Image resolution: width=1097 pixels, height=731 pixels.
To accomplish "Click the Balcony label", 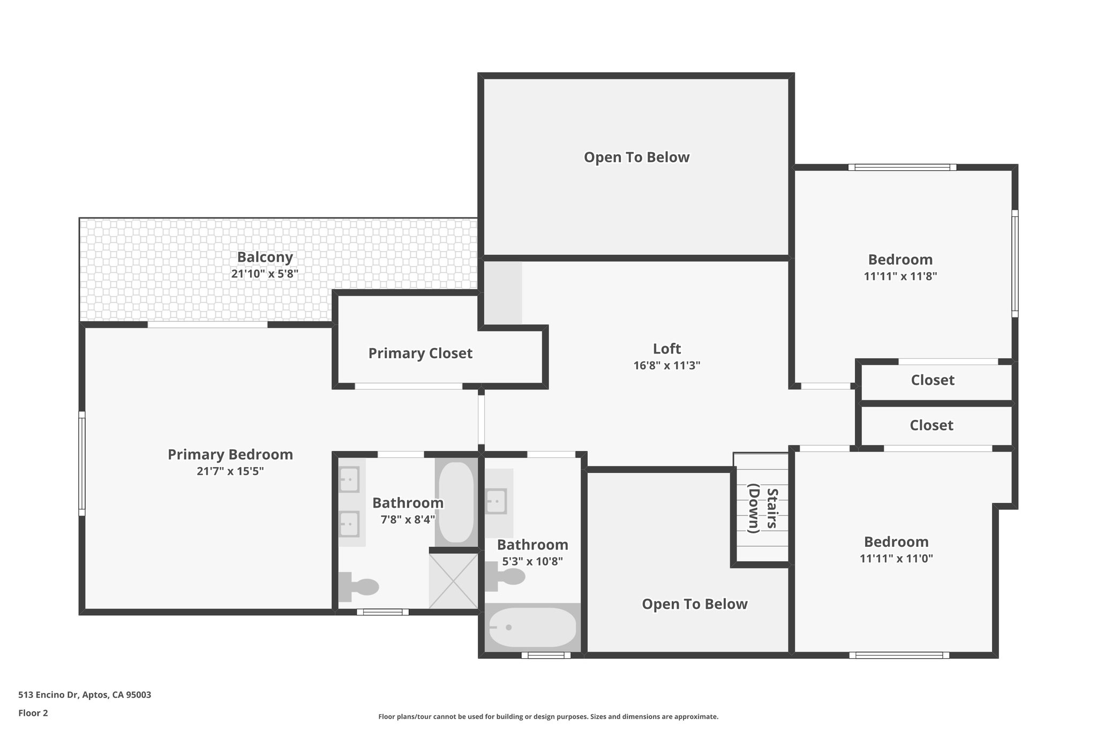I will coord(265,257).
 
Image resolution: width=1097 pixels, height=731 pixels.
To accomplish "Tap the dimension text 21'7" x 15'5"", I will coord(230,471).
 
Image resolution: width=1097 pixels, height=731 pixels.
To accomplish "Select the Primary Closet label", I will coord(420,353).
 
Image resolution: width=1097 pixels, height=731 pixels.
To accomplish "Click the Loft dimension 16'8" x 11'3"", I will coord(666,366).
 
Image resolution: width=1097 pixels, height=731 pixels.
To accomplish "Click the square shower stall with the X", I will coord(453,581).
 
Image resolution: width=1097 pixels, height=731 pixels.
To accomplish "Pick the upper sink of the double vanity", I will coord(349,479).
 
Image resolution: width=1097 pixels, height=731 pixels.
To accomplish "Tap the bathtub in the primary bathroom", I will coord(456,502).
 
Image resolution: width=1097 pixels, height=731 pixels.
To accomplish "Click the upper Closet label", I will coord(932,380).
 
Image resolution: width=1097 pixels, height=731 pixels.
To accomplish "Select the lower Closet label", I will coord(931,425).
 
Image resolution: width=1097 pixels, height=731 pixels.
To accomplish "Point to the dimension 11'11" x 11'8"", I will coord(900,276).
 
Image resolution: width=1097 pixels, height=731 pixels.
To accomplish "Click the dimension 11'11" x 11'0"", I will coord(896,559).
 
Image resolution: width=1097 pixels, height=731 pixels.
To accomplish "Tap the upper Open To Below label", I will coord(636,157).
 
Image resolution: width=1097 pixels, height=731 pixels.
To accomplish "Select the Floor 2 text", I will coord(33,713).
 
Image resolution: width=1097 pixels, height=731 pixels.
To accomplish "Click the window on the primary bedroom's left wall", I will coord(82,463).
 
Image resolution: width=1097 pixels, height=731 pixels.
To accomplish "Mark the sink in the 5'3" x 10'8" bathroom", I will coord(496,501).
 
